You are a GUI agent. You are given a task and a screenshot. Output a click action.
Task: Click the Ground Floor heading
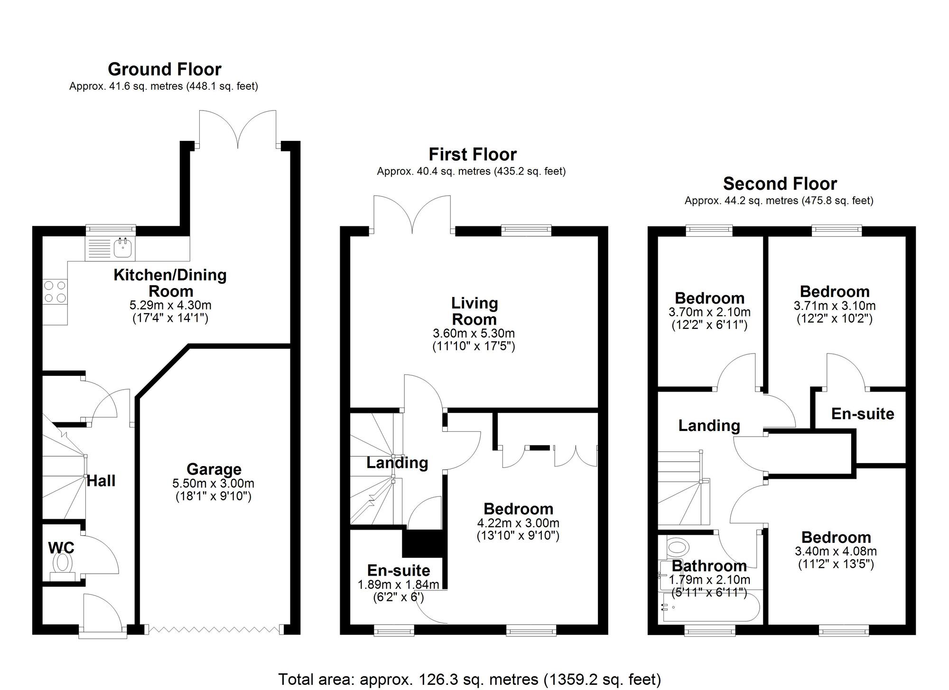[165, 69]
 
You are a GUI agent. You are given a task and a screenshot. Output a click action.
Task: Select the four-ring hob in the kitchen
[55, 291]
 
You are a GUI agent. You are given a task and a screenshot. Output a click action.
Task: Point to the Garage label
[214, 469]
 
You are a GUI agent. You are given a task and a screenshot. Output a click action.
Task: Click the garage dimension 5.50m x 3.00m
[214, 484]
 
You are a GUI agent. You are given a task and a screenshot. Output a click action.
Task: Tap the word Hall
[101, 481]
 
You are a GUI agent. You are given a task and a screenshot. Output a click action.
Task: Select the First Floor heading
[473, 154]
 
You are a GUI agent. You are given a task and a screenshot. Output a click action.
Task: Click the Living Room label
[474, 311]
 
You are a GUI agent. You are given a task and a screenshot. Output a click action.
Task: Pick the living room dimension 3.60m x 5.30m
[474, 334]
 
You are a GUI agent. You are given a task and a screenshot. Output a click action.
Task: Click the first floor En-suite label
[399, 570]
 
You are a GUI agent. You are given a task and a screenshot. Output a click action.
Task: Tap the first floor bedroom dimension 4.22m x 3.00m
[518, 523]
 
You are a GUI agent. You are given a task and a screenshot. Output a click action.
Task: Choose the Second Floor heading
[780, 183]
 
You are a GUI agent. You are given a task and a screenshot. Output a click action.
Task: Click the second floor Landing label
[709, 426]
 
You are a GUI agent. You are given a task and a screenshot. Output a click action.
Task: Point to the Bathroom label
[709, 566]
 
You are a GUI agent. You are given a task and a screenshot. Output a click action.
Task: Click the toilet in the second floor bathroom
[677, 547]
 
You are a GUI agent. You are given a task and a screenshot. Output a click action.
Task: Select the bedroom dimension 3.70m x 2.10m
[709, 312]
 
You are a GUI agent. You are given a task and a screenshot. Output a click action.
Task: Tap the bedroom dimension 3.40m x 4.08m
[836, 551]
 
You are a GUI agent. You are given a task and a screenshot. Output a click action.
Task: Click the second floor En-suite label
[863, 414]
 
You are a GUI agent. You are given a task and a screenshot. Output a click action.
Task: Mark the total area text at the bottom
[469, 679]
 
